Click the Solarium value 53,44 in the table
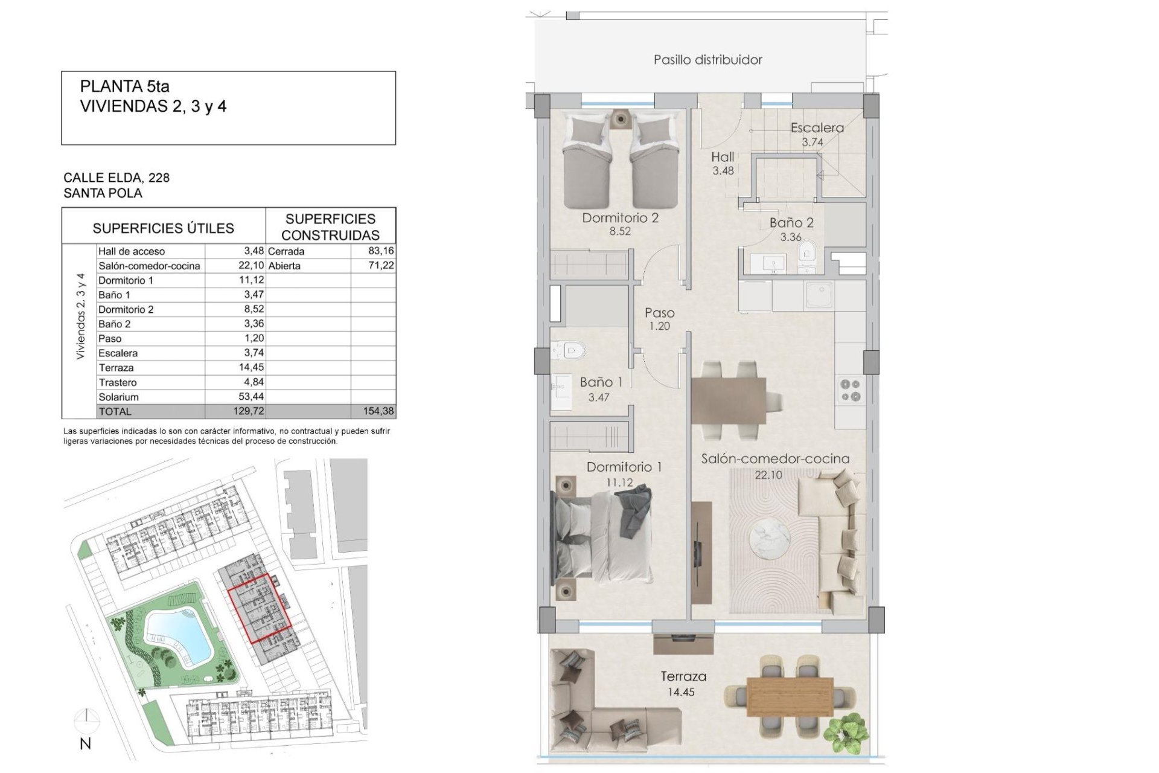251,397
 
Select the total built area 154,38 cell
378,411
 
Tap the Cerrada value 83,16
381,251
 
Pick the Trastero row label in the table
118,382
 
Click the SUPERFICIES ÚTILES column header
163,228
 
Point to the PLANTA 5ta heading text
125,86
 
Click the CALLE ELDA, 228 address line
117,178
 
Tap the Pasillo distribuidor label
707,60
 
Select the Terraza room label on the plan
683,677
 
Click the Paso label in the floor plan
659,313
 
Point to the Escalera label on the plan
817,128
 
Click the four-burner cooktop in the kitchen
851,390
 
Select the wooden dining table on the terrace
790,696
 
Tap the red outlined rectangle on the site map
260,608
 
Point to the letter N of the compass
86,744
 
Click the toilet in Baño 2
807,253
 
